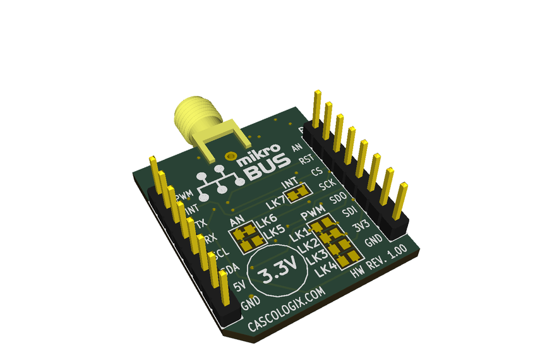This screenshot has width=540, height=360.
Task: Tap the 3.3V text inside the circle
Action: pos(277,275)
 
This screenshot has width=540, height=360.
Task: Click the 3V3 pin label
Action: pos(361,226)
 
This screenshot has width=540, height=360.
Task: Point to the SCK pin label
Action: pos(327,185)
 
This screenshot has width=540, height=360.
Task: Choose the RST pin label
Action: pos(306,160)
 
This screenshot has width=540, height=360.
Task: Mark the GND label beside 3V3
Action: pos(373,241)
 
